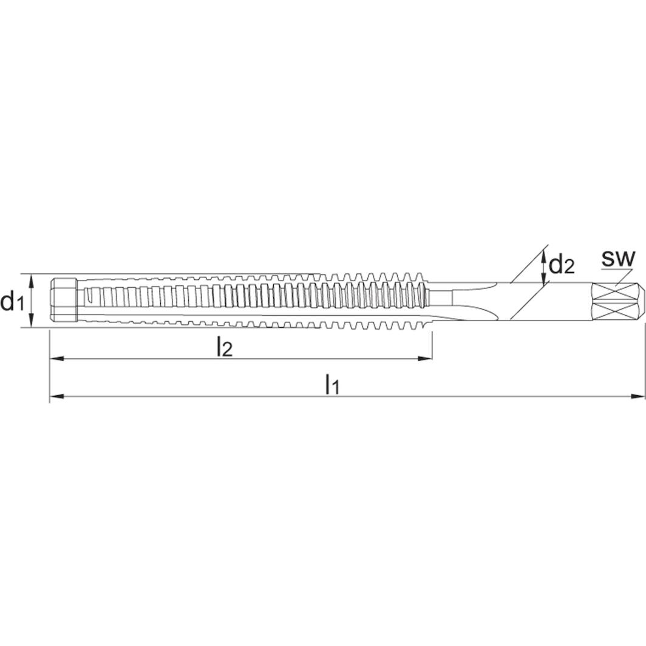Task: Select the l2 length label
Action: [224, 348]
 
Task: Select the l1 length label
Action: [331, 384]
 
